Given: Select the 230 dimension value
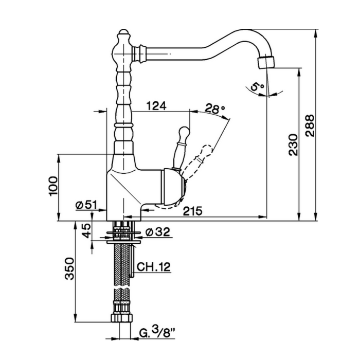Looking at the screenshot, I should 293,146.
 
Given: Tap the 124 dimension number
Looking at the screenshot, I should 156,106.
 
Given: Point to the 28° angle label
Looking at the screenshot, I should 215,109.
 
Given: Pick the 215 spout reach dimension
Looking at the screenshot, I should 191,211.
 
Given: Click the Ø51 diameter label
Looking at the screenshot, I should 86,205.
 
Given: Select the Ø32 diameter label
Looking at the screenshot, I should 157,231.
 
